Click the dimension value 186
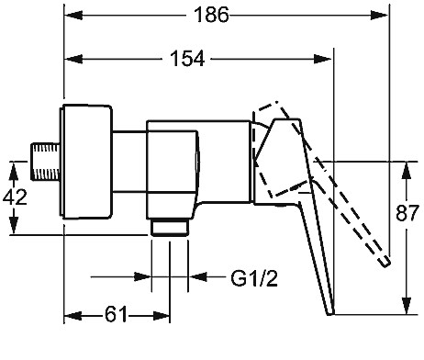tap(211, 15)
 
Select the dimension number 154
tap(187, 59)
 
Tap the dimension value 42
tap(15, 197)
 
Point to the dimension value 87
tap(407, 213)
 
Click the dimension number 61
tap(116, 314)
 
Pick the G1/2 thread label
tap(254, 278)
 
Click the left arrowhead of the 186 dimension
tap(73, 15)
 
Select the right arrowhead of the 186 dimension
tap(379, 15)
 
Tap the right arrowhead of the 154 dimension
tap(323, 59)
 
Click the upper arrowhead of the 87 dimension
tap(407, 171)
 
